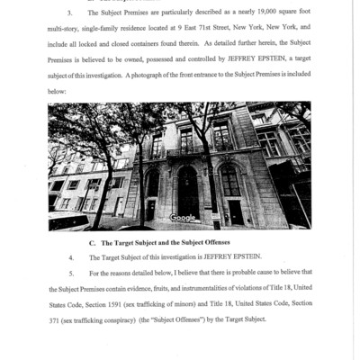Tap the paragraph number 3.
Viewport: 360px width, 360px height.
click(70, 13)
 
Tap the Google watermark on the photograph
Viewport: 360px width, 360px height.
click(183, 217)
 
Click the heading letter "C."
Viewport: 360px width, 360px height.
click(93, 244)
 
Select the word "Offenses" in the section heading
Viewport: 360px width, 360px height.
click(211, 244)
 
